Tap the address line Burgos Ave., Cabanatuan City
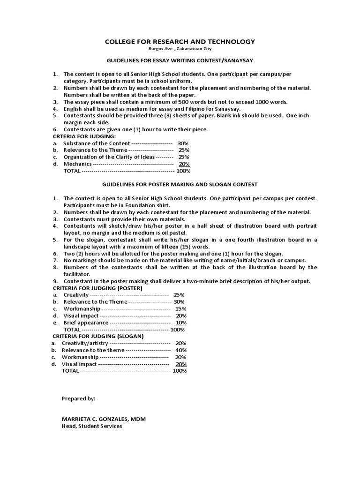180,49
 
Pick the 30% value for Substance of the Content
183,143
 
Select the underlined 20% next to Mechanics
184,164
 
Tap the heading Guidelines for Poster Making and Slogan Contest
180,185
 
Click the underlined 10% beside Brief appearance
180,323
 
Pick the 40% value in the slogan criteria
181,350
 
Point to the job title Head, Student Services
92,426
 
